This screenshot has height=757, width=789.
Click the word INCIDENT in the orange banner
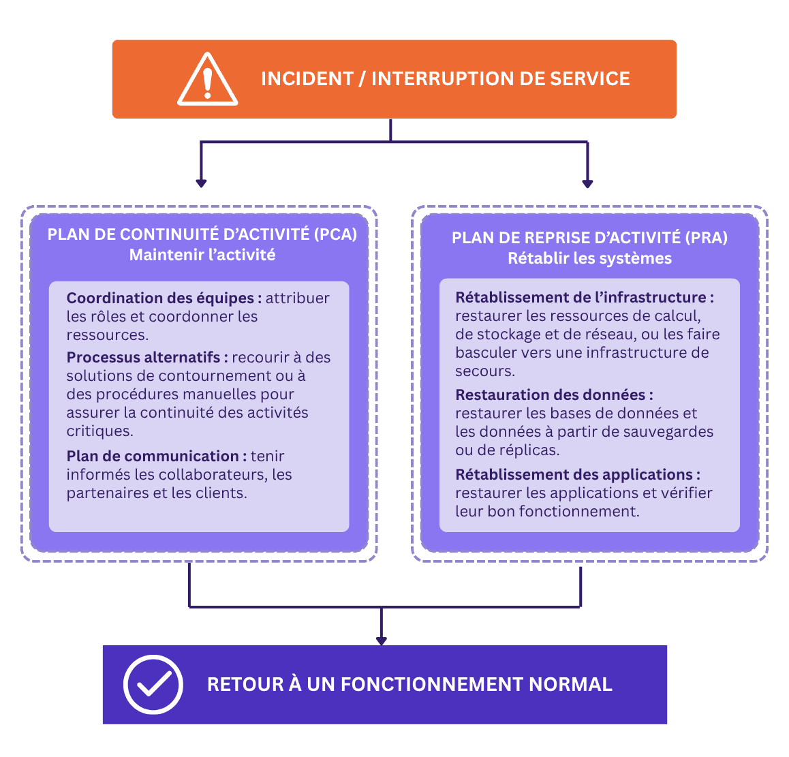[307, 79]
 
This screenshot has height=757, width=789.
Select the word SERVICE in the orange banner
[590, 79]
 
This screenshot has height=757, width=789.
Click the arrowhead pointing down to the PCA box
[201, 184]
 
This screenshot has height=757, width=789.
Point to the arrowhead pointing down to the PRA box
[587, 184]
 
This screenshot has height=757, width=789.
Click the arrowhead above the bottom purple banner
[382, 640]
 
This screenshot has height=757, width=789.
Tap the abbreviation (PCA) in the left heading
[336, 234]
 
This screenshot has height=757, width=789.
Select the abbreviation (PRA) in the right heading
[707, 238]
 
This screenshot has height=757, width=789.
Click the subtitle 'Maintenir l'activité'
[202, 256]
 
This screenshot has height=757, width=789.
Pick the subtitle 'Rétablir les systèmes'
[590, 258]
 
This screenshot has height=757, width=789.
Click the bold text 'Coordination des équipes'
[161, 298]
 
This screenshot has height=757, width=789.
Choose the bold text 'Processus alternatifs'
[143, 357]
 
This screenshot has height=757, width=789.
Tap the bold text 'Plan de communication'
[153, 456]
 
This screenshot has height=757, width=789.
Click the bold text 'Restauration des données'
[551, 395]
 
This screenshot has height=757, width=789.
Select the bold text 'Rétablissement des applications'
[574, 475]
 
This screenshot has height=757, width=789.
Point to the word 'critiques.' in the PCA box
[100, 431]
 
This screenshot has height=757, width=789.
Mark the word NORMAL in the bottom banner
[570, 685]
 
